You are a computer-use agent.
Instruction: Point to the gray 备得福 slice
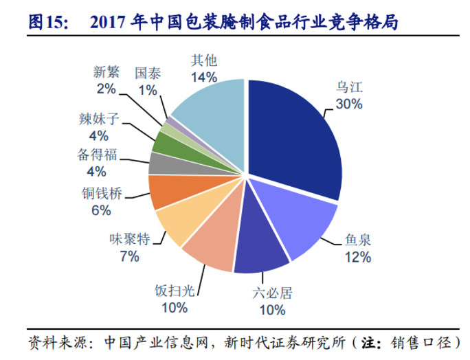click(161, 164)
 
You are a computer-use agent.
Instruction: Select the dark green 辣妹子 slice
click(165, 142)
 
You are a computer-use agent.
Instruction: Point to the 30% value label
click(349, 104)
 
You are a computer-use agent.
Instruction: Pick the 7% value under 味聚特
click(128, 256)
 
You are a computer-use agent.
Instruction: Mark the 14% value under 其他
click(205, 76)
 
